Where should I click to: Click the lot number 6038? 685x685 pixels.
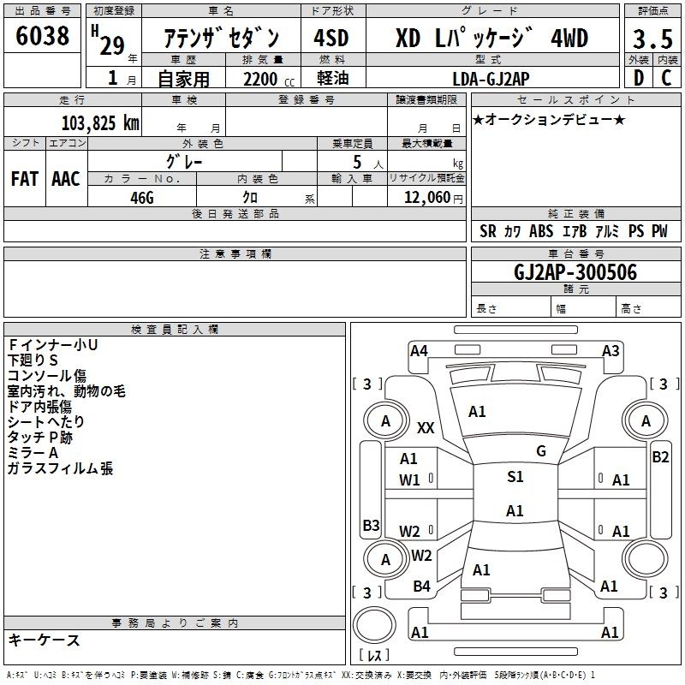43,37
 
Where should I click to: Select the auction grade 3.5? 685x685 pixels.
652,40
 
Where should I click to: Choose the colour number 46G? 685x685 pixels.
141,197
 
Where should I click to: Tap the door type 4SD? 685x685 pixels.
332,39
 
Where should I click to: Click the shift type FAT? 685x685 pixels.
24,178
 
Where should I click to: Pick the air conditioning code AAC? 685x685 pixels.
65,178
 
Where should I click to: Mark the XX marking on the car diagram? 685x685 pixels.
426,427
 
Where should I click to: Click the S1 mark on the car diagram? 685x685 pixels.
515,477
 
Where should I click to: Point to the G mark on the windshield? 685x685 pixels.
540,450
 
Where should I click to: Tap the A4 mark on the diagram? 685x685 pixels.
419,350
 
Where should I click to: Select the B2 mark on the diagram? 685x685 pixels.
660,456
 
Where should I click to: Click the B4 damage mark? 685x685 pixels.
421,586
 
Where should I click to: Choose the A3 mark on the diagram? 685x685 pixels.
611,350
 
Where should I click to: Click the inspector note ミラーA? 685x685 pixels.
33,452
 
